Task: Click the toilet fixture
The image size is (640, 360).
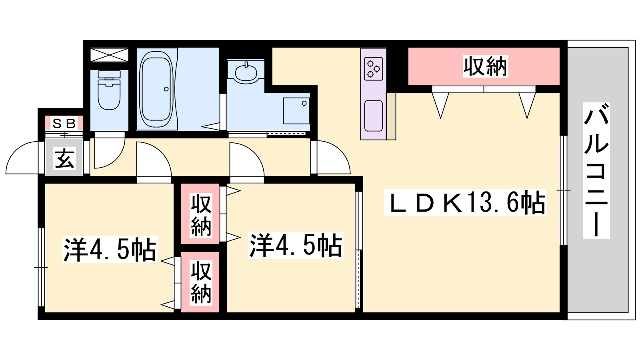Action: [109, 90]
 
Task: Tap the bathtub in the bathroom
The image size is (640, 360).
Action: [156, 90]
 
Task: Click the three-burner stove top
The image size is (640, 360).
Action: [374, 69]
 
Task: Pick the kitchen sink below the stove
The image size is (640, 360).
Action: [374, 116]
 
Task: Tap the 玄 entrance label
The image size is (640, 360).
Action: [64, 158]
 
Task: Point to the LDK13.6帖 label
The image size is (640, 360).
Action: [466, 202]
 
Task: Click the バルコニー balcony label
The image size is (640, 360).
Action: [596, 170]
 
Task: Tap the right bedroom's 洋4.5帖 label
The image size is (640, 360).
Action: [296, 245]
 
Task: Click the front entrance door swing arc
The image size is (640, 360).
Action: [22, 158]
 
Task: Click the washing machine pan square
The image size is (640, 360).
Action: [296, 111]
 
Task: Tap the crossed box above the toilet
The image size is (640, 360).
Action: [109, 55]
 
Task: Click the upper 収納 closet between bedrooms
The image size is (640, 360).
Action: [200, 214]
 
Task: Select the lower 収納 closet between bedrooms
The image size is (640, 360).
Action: [200, 282]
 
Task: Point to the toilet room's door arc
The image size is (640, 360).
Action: [110, 150]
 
